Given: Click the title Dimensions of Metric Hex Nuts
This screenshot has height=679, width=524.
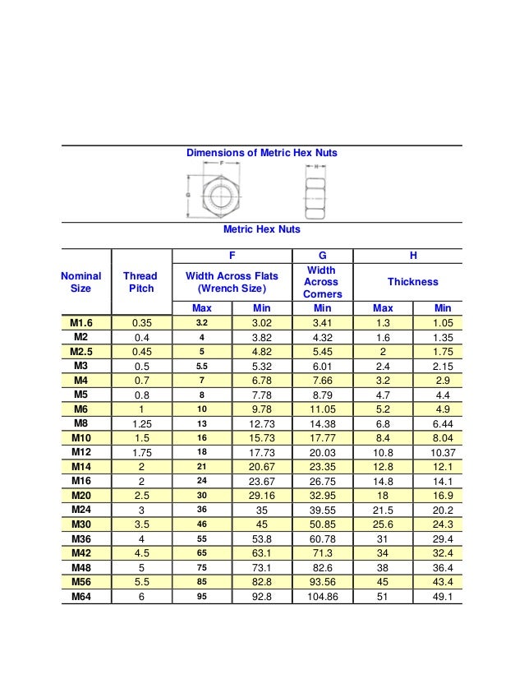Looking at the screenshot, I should pyautogui.click(x=261, y=153).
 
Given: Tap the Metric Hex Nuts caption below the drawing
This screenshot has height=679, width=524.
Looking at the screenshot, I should pyautogui.click(x=261, y=229).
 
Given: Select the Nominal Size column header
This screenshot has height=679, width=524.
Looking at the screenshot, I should pyautogui.click(x=80, y=282).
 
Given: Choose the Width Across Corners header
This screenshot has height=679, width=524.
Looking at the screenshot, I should pyautogui.click(x=322, y=282).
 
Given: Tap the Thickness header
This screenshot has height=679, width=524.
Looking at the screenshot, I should pyautogui.click(x=412, y=282).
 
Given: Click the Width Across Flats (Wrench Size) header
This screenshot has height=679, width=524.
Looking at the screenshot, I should pyautogui.click(x=232, y=282).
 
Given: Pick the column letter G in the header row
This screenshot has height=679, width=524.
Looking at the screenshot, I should pyautogui.click(x=322, y=256).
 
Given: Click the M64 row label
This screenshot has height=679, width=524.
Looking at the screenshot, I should pyautogui.click(x=80, y=597).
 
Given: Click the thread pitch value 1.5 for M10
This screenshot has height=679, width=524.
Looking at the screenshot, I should pyautogui.click(x=140, y=438).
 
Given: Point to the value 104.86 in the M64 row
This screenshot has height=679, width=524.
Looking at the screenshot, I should pyautogui.click(x=322, y=597).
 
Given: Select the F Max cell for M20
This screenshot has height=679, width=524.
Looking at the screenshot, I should pyautogui.click(x=201, y=496).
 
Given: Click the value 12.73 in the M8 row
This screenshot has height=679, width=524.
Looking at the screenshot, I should pyautogui.click(x=261, y=424).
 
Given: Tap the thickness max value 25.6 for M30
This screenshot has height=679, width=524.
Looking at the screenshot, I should pyautogui.click(x=383, y=524).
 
